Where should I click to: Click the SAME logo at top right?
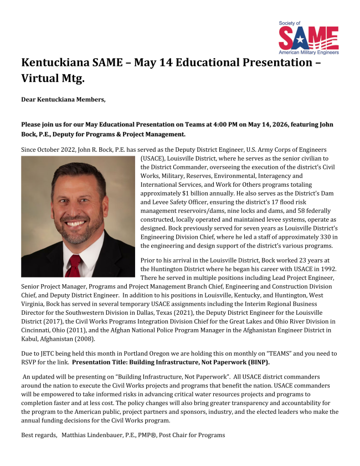point(308,38)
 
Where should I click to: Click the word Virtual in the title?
point(41,78)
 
